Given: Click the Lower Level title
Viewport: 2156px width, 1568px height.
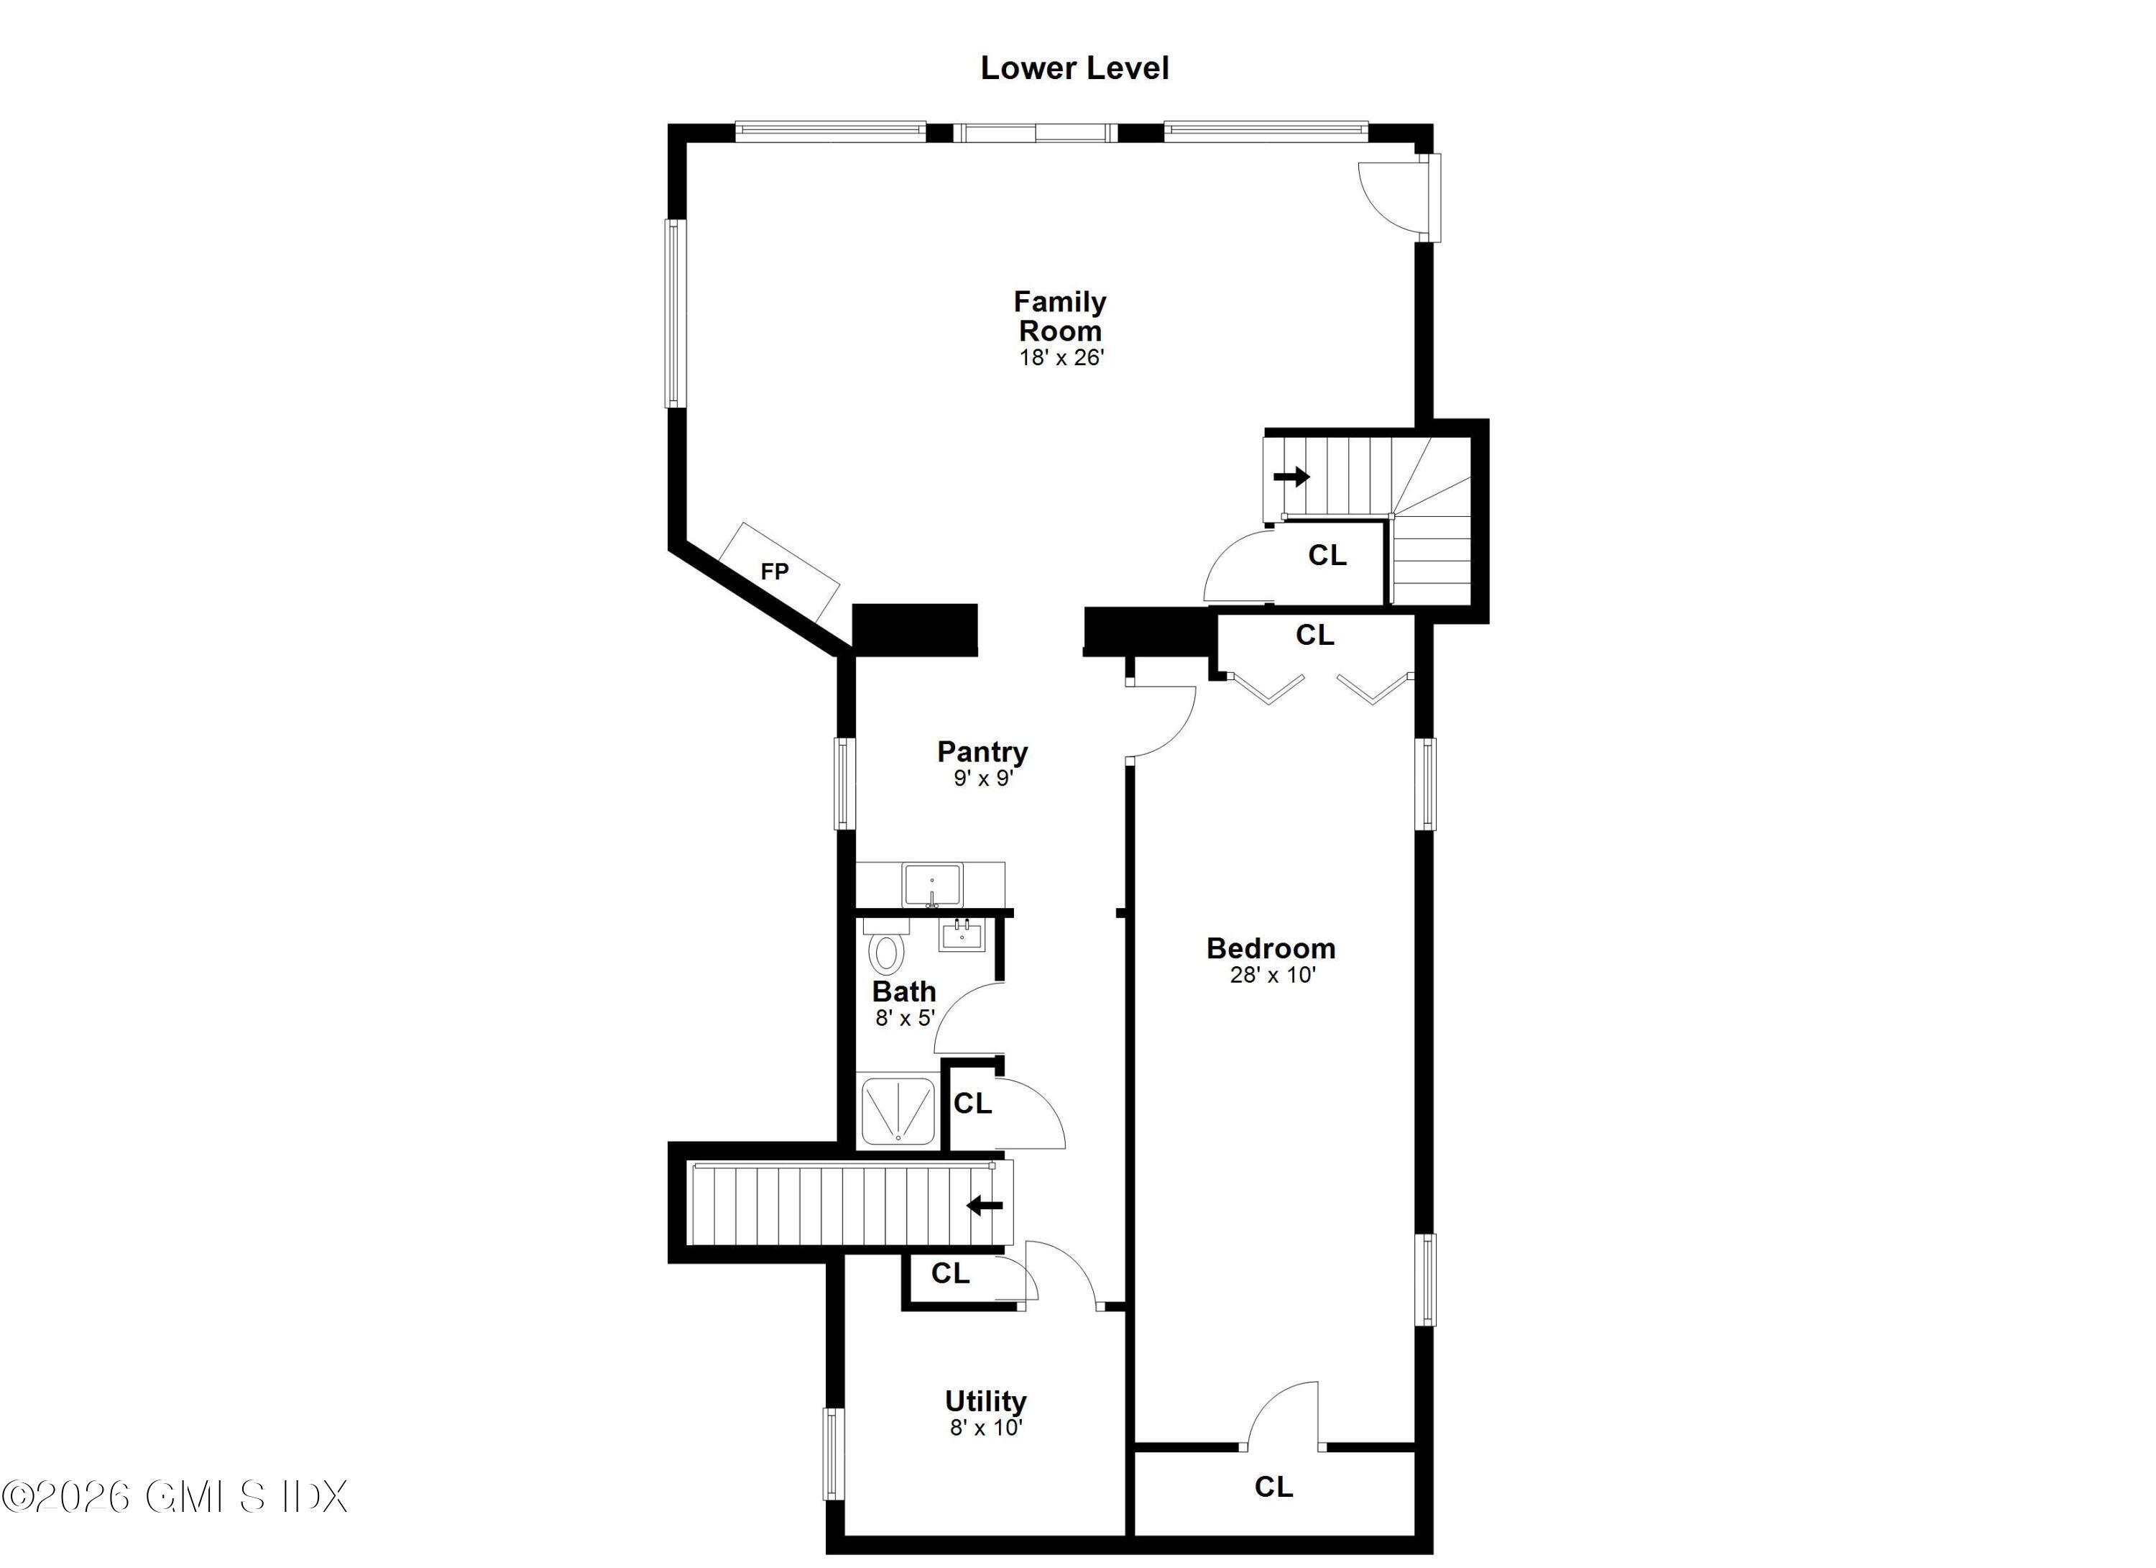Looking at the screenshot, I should pos(1074,68).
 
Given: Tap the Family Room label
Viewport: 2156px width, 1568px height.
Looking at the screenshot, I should pos(1060,316).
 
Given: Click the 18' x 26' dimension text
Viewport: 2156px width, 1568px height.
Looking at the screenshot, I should pos(1061,359).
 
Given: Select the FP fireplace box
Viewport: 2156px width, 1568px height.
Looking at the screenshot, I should pos(778,572).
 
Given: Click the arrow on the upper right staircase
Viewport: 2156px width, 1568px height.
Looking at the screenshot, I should pos(1292,477).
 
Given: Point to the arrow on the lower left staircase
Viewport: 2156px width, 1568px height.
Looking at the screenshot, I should pos(985,1206).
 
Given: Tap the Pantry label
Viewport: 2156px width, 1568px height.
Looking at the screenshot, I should pos(982,751).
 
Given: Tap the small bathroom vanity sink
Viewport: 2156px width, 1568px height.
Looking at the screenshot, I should pos(960,935).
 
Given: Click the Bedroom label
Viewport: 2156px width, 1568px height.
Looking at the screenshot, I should pos(1271,948).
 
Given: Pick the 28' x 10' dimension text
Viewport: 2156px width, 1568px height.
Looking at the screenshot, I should pos(1272,975).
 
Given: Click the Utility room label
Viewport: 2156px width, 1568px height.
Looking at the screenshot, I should pos(985,1400).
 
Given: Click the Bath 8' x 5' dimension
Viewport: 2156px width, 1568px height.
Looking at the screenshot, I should pos(905,1019).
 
